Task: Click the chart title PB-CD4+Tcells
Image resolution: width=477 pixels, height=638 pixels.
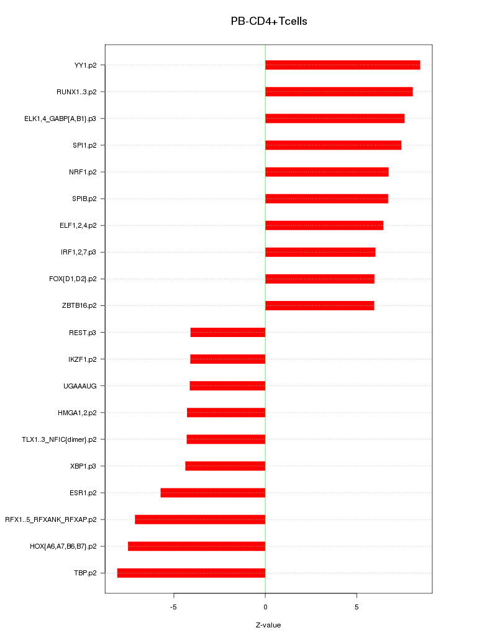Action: [x=269, y=21]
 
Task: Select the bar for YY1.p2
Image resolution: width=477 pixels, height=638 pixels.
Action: [x=342, y=65]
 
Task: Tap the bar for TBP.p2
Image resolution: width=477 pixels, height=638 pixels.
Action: [x=191, y=573]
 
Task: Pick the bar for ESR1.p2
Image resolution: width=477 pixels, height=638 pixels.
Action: [x=213, y=493]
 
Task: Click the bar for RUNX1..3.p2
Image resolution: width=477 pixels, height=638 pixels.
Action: [x=338, y=92]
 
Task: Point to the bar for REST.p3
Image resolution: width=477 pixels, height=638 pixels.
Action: [x=228, y=333]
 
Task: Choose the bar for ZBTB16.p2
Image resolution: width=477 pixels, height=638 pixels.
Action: [x=319, y=305]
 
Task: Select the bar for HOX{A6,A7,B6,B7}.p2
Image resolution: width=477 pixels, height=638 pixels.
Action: [x=197, y=546]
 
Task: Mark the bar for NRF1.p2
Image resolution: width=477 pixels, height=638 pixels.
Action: [x=327, y=172]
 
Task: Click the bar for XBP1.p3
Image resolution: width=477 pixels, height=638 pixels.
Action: [x=225, y=466]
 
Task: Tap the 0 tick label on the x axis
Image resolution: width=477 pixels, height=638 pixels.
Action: [x=265, y=607]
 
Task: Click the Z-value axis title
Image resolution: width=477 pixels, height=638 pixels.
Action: [x=268, y=625]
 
